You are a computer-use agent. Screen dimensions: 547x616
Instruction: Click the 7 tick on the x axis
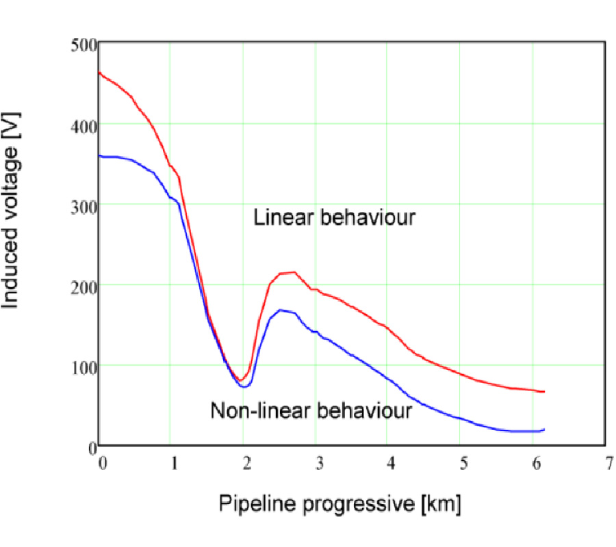605,462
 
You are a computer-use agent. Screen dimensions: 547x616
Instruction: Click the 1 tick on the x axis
174,462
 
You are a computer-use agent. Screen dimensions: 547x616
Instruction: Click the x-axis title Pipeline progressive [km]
340,505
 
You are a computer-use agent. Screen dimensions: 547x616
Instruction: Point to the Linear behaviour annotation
335,218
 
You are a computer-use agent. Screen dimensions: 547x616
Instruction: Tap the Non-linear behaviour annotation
311,411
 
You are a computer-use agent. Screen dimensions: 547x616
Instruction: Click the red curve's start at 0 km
101,72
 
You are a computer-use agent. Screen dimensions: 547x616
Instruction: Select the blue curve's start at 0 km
101,156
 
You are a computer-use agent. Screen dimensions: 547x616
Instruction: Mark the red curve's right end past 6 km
543,392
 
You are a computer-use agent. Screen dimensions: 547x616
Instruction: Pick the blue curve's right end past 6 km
543,429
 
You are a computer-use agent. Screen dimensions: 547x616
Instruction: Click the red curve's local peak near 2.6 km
293,272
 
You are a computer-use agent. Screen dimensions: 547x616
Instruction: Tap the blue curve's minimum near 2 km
244,386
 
